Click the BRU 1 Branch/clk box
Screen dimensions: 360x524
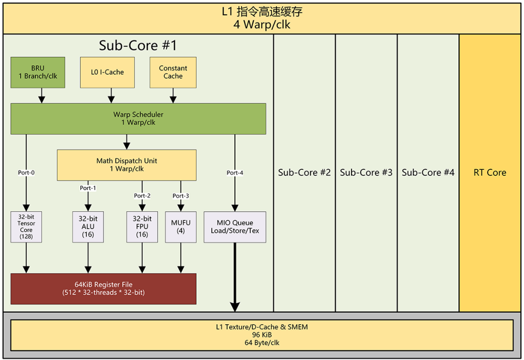point(38,72)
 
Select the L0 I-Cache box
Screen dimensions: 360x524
point(107,72)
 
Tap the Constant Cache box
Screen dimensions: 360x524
point(173,72)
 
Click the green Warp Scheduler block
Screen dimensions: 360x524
point(138,119)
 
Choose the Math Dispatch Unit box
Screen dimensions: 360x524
point(126,165)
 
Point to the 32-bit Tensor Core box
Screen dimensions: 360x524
point(26,227)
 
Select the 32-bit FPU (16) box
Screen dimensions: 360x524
point(142,227)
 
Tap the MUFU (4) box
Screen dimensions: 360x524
point(181,227)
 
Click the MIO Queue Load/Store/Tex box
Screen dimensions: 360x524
point(235,227)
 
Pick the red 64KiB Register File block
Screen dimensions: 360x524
point(103,289)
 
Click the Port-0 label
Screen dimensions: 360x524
point(26,173)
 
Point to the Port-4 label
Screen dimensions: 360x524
point(235,173)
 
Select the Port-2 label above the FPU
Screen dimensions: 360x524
point(142,196)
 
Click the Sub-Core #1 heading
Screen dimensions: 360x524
point(138,46)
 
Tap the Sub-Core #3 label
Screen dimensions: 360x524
point(366,172)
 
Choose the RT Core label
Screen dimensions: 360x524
point(490,172)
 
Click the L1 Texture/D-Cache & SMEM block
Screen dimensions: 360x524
point(261,335)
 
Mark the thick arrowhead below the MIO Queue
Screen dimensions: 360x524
point(235,307)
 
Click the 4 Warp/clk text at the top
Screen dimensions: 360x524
point(262,25)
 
